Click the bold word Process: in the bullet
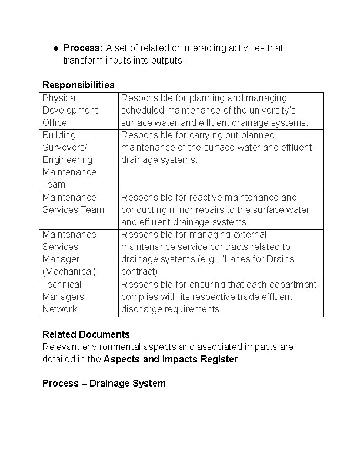83,48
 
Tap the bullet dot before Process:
55,48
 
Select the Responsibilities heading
78,85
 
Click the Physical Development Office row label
69,110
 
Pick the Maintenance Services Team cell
73,204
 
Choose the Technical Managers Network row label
63,297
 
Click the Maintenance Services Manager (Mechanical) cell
69,253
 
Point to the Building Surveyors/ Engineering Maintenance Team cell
69,159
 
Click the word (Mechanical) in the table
69,271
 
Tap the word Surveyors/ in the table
67,147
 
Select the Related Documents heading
86,334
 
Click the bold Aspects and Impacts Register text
171,359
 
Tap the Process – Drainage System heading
104,383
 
